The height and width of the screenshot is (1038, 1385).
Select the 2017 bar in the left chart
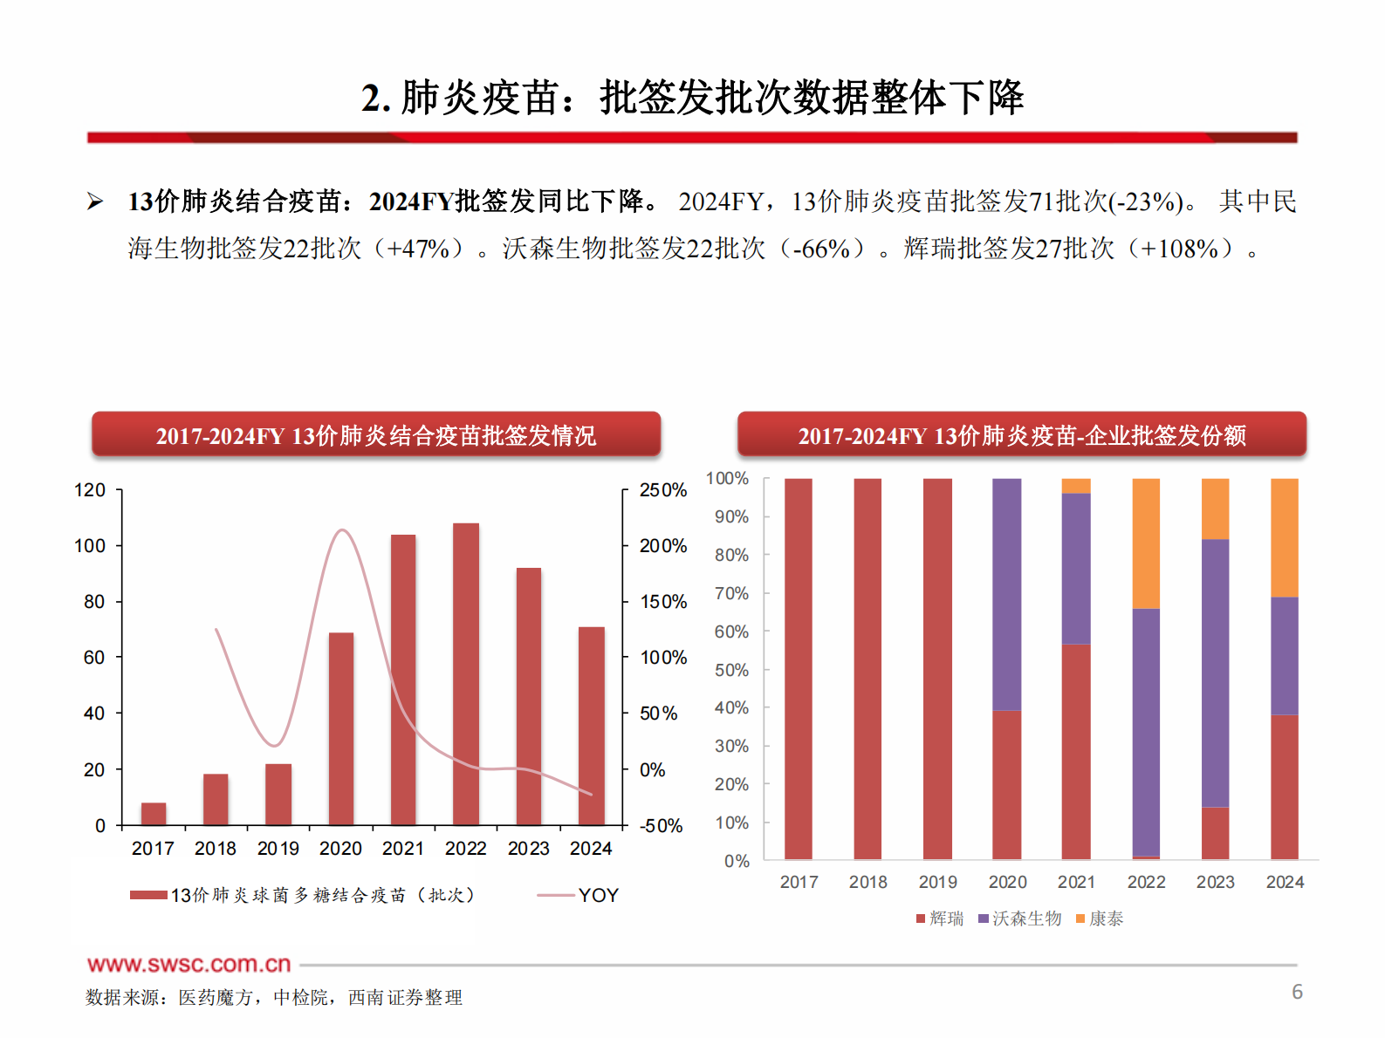[x=154, y=814]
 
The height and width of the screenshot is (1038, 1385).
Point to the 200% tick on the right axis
[x=662, y=546]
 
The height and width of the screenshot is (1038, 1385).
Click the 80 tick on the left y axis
[x=94, y=602]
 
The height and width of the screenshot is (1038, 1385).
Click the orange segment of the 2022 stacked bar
[x=1146, y=543]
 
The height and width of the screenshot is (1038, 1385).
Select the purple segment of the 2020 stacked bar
[x=1007, y=594]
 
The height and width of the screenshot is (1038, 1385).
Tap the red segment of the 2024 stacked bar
[x=1285, y=787]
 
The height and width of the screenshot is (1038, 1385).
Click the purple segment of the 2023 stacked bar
[x=1215, y=673]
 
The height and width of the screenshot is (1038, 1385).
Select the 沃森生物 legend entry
[x=1020, y=918]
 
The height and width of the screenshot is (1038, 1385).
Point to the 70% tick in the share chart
[x=731, y=594]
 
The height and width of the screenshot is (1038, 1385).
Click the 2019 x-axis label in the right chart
[x=937, y=882]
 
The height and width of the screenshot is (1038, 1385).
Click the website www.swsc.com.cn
[x=189, y=965]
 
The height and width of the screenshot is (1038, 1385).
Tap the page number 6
[x=1297, y=992]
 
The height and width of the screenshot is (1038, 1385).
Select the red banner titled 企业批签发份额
[x=1021, y=434]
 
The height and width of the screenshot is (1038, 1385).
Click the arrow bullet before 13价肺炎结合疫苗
[x=95, y=202]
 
